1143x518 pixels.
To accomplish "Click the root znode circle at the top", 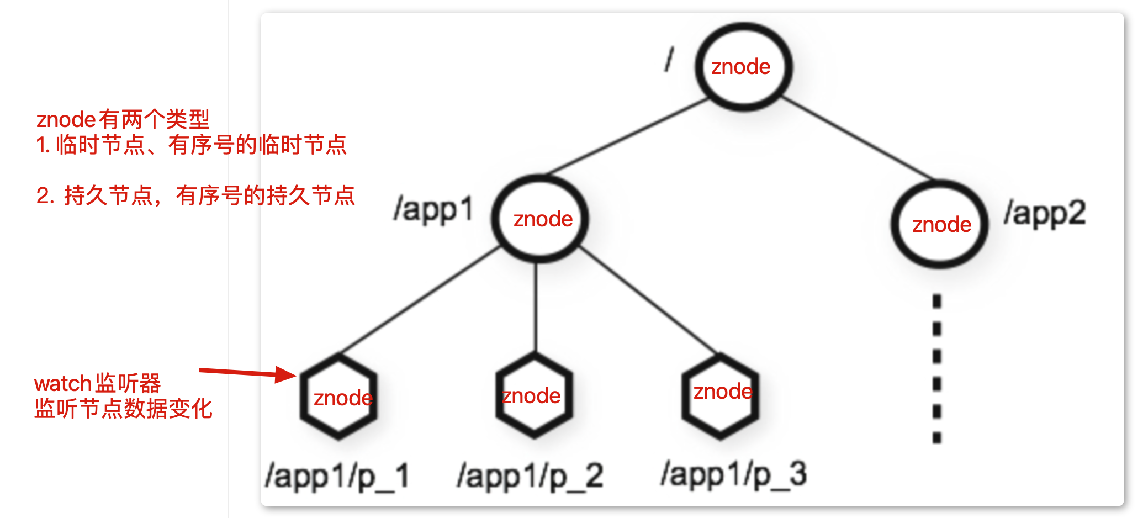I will [x=743, y=67].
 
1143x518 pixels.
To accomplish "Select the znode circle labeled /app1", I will [x=540, y=219].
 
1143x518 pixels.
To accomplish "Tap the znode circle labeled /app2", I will [x=939, y=224].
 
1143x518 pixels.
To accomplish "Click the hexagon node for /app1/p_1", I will [x=338, y=397].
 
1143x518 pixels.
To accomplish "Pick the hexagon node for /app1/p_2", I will [x=534, y=396].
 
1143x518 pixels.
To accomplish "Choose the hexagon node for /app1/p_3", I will [x=720, y=396].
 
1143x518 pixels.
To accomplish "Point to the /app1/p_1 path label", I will [x=337, y=476].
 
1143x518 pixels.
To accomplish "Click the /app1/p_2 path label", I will [x=530, y=476].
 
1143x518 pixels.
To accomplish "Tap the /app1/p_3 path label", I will [x=734, y=474].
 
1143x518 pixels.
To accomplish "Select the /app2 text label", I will [x=1045, y=214].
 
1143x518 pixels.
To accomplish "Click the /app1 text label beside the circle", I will [x=433, y=210].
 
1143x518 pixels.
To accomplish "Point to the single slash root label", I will [x=669, y=59].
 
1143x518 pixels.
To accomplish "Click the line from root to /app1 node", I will [x=629, y=136].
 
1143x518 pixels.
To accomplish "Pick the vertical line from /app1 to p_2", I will [x=535, y=306].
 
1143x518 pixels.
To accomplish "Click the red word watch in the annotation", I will [x=62, y=383].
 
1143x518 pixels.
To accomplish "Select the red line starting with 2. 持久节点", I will [x=195, y=196].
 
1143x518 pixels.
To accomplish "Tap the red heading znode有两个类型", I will [x=123, y=119].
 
